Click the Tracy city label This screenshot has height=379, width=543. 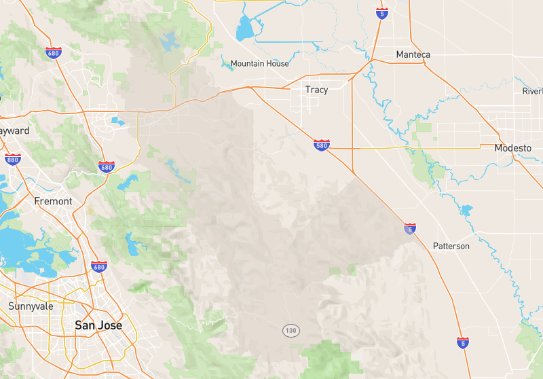click(316, 90)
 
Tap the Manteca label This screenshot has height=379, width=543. click(413, 54)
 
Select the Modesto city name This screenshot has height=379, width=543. click(512, 148)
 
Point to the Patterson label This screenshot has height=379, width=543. click(451, 246)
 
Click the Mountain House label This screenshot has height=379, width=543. click(259, 64)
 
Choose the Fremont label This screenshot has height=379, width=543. click(53, 201)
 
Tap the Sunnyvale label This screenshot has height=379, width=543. click(31, 306)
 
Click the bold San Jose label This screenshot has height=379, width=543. click(98, 325)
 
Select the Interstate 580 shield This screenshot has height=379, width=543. click(322, 145)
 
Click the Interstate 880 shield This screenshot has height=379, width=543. click(12, 160)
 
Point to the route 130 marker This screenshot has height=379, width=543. click(291, 331)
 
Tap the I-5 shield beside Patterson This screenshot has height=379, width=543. click(410, 229)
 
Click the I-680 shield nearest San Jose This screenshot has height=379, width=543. click(99, 267)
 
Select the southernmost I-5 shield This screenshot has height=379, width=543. click(463, 342)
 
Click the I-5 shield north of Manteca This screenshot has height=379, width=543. click(382, 14)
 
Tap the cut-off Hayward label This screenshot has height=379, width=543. click(14, 130)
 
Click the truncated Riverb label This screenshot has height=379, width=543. click(533, 91)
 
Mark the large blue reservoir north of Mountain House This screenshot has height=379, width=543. click(244, 29)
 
